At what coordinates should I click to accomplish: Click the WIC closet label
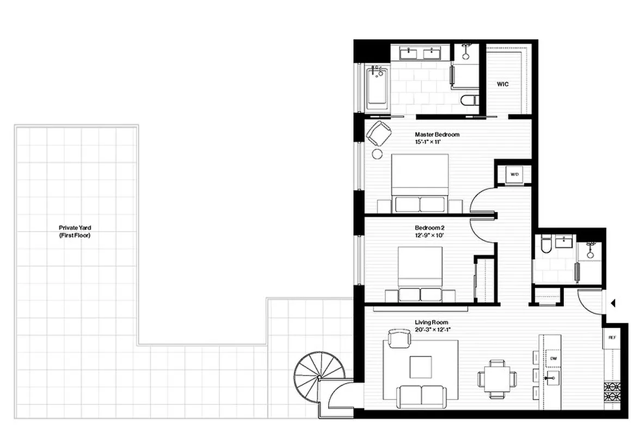pos(502,84)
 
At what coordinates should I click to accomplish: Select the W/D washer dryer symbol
pos(513,174)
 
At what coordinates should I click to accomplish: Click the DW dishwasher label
pos(553,358)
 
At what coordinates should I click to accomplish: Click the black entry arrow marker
pos(613,303)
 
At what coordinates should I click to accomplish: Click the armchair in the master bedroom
pos(379,134)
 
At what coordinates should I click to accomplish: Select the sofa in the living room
pos(421,396)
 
